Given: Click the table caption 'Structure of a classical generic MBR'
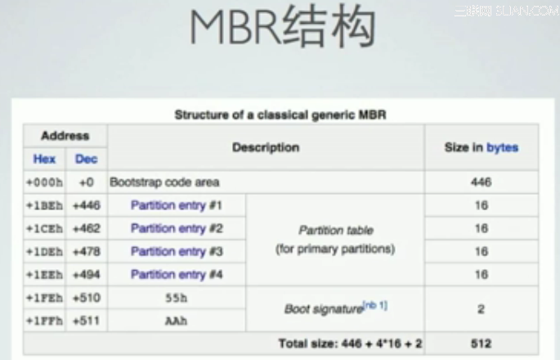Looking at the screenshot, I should [280, 115].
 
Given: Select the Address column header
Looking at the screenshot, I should [65, 136].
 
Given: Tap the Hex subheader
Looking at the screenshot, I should [44, 159].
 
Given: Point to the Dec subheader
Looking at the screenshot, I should [86, 159].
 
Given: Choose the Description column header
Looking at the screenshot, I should [266, 147].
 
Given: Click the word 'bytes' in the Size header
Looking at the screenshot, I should [502, 147].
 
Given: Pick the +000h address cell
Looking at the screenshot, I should [44, 182].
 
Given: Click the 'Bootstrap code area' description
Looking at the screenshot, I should [164, 182].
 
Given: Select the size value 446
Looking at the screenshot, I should [481, 182].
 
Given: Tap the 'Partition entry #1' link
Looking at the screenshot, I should [176, 205].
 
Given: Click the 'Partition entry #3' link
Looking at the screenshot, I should [176, 251].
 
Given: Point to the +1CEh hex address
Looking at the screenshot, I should [44, 228].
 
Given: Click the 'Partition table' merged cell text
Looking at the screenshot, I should [334, 232].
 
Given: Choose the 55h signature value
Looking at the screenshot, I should [176, 298].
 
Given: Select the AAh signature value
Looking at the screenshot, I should [176, 321].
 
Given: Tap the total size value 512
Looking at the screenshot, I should [481, 344].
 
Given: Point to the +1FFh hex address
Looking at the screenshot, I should [44, 321].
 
